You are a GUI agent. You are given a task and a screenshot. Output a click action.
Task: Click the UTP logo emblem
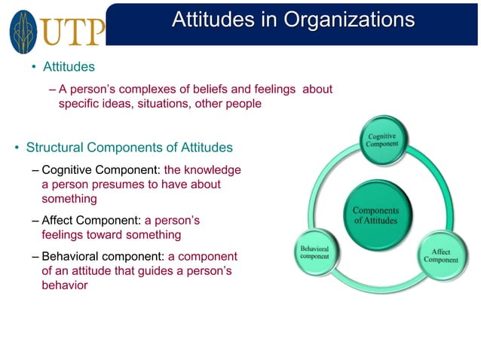[x=22, y=31]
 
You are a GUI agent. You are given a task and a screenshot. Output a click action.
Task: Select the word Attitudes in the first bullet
[x=69, y=68]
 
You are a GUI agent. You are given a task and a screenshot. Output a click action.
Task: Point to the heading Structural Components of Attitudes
[x=130, y=147]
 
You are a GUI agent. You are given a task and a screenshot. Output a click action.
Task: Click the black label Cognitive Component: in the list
[x=101, y=169]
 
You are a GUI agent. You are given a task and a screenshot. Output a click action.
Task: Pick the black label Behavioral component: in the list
[x=103, y=257]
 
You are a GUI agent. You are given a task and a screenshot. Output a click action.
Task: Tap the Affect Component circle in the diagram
[x=441, y=255]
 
